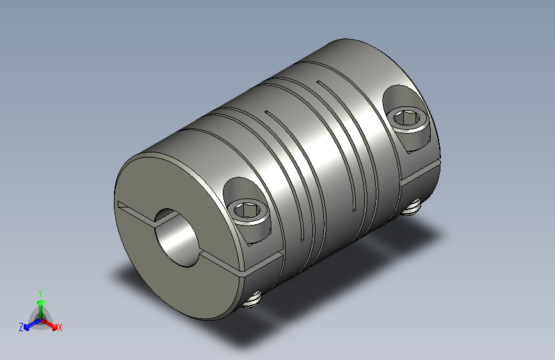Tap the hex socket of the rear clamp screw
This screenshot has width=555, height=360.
click(x=407, y=119)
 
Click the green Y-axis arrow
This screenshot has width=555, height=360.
click(x=40, y=302)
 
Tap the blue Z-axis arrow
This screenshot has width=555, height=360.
click(x=29, y=325)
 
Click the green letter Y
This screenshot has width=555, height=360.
click(x=40, y=291)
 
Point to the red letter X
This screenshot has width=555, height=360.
click(x=60, y=328)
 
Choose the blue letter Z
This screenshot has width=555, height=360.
click(x=21, y=327)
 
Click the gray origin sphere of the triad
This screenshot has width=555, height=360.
click(x=40, y=318)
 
